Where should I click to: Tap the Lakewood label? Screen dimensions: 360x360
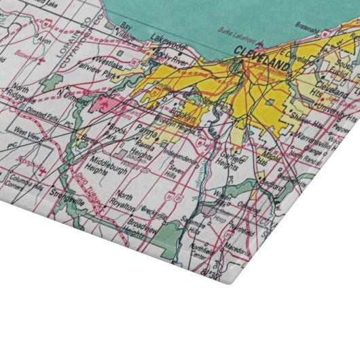168,45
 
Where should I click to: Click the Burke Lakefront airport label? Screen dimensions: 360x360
240,31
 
